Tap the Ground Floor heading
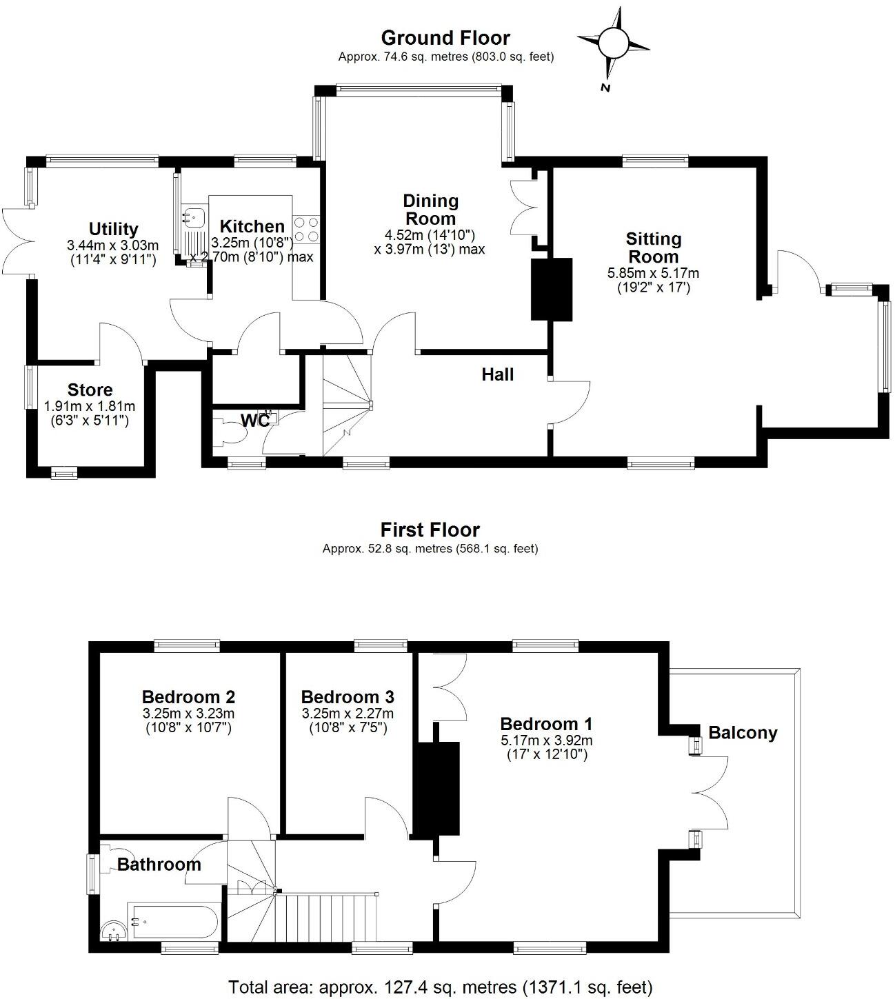[x=445, y=37]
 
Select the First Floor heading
[x=430, y=529]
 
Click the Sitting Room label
[x=653, y=248]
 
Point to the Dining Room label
[x=430, y=209]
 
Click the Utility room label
[x=113, y=228]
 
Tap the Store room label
[x=90, y=390]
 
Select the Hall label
[x=498, y=374]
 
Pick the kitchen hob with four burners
[x=307, y=228]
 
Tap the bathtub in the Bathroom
[x=174, y=920]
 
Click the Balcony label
[x=743, y=732]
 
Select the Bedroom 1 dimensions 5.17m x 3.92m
[x=546, y=740]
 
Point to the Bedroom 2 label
[x=188, y=696]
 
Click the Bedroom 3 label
[x=348, y=696]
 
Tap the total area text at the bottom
[x=440, y=987]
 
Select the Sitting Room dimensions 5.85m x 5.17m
[x=653, y=273]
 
